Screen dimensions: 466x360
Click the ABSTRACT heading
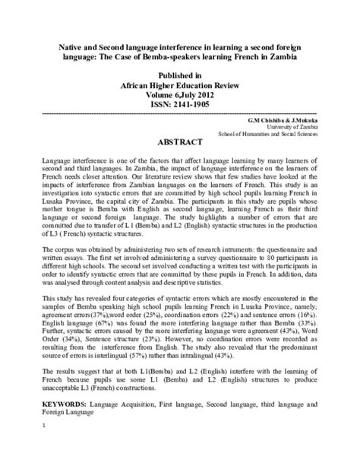[180, 141]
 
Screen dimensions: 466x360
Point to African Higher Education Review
[180, 87]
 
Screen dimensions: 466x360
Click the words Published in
[180, 77]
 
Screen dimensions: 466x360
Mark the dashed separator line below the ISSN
[180, 113]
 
